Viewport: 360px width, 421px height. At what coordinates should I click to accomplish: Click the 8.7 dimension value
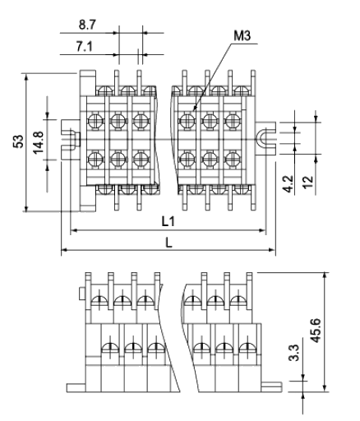click(x=87, y=25)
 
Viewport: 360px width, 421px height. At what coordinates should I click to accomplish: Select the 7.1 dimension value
click(x=85, y=47)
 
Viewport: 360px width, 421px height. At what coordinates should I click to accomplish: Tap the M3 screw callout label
click(x=242, y=36)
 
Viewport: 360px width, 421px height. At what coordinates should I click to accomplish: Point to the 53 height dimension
click(x=18, y=141)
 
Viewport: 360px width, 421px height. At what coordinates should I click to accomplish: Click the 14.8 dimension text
click(x=38, y=142)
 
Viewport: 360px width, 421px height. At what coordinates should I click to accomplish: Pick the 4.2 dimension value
click(x=288, y=184)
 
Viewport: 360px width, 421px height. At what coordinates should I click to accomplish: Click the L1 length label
click(x=168, y=221)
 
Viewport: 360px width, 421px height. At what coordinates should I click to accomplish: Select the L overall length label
click(x=169, y=243)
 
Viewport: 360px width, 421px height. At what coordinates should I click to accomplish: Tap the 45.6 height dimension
click(x=316, y=331)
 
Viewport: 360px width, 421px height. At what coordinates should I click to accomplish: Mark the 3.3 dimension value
click(x=295, y=353)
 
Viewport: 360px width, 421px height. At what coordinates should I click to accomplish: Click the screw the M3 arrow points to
click(x=187, y=120)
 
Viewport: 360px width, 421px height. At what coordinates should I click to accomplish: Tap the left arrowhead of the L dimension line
click(x=64, y=250)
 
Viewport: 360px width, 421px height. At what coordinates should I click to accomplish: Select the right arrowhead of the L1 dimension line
click(x=262, y=230)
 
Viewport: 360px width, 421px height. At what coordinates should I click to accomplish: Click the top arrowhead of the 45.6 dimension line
click(x=325, y=275)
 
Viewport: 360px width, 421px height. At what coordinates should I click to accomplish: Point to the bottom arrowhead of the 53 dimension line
click(x=26, y=208)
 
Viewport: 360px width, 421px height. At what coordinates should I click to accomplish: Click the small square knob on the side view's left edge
click(x=82, y=294)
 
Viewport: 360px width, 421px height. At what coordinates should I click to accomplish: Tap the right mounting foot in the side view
click(x=271, y=387)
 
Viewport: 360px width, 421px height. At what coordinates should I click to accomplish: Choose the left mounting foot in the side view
click(x=76, y=388)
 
